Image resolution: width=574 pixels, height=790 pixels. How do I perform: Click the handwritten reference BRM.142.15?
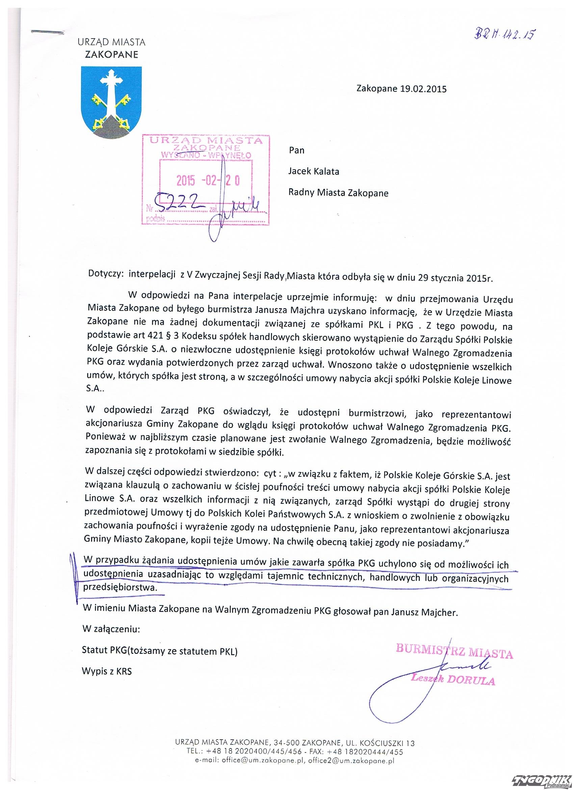pyautogui.click(x=504, y=34)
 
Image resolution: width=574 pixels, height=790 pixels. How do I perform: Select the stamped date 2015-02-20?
pyautogui.click(x=208, y=181)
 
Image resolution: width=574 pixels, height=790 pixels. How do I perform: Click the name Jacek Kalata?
pyautogui.click(x=314, y=171)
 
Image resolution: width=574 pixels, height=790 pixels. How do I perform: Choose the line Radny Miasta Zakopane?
pyautogui.click(x=338, y=193)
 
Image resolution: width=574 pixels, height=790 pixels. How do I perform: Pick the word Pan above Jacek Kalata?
pyautogui.click(x=296, y=150)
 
